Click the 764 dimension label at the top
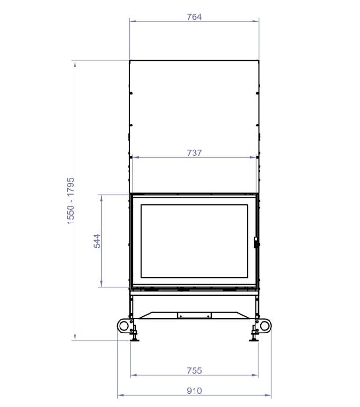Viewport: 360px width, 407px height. click(x=194, y=17)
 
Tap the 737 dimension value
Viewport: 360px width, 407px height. click(x=194, y=153)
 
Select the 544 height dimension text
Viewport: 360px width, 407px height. click(x=97, y=241)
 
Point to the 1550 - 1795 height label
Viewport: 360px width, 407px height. click(x=70, y=201)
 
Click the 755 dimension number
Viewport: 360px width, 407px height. click(x=194, y=370)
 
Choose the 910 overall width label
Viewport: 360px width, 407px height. click(x=194, y=391)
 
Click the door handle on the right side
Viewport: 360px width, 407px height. click(x=256, y=242)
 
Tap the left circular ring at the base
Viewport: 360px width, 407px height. click(x=124, y=326)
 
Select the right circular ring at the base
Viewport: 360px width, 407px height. click(x=265, y=326)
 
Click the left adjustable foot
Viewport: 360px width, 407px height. click(x=135, y=337)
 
